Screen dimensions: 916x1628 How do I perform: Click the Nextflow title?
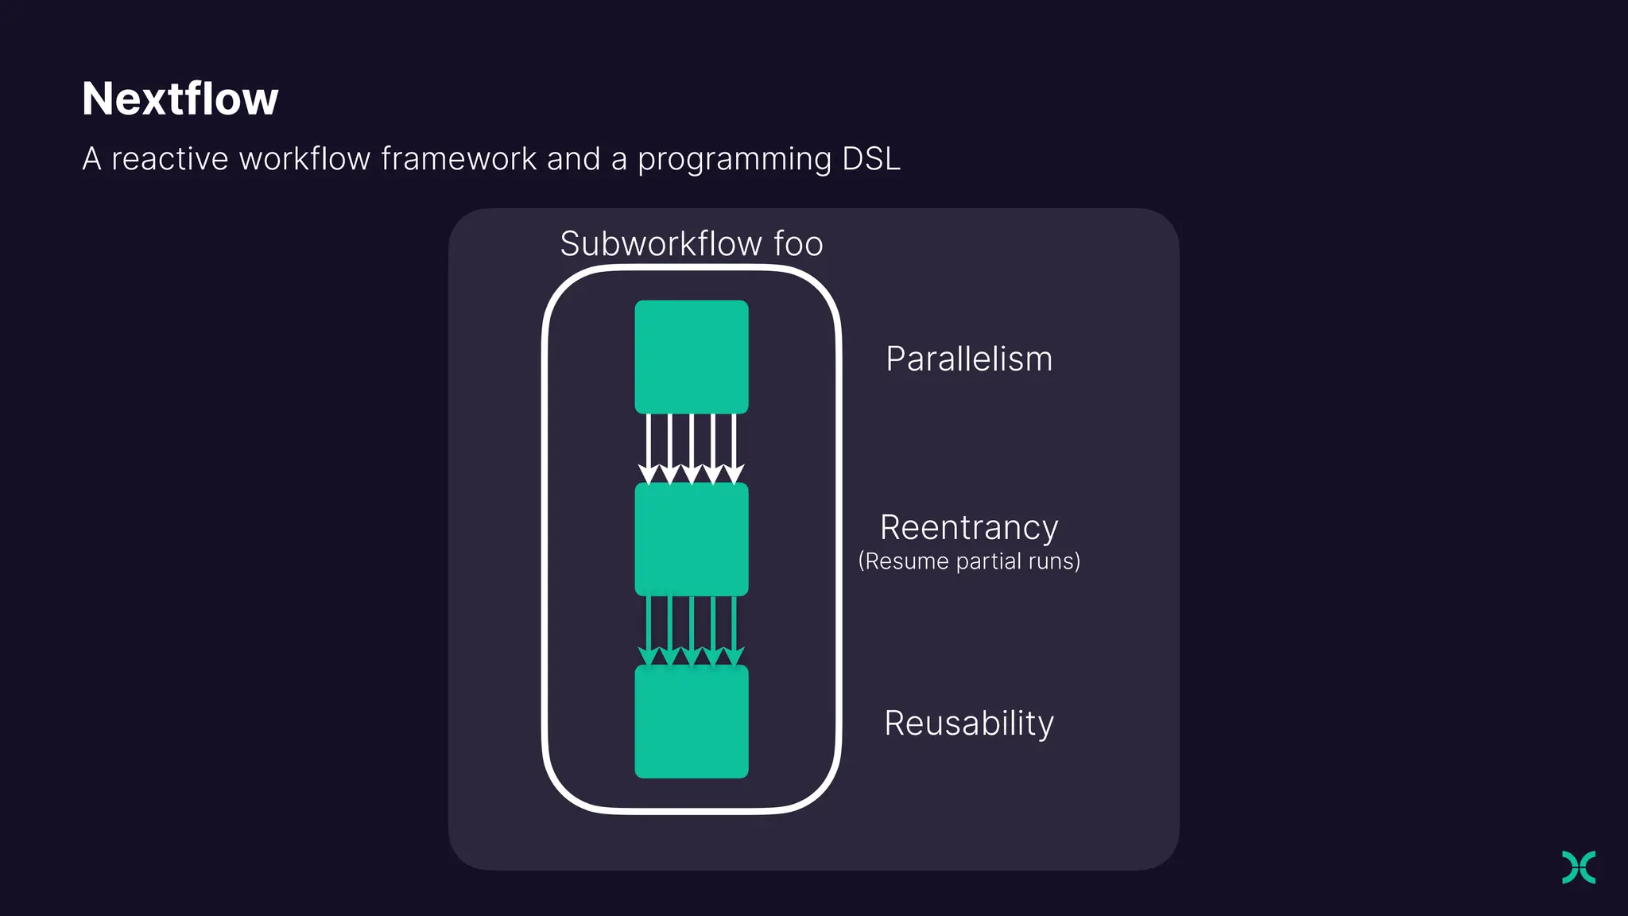pyautogui.click(x=180, y=99)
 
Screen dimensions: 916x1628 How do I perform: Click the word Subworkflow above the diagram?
pyautogui.click(x=661, y=243)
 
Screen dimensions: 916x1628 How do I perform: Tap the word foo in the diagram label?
pyautogui.click(x=798, y=243)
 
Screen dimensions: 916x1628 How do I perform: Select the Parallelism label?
pyautogui.click(x=968, y=359)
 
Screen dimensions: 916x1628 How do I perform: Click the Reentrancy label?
pyautogui.click(x=968, y=528)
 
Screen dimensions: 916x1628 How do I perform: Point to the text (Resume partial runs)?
pyautogui.click(x=968, y=561)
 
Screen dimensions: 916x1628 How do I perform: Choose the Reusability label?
pyautogui.click(x=968, y=724)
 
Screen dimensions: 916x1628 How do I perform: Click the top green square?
pyautogui.click(x=691, y=356)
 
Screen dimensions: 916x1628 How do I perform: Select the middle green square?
pyautogui.click(x=691, y=539)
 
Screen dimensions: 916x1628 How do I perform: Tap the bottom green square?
pyautogui.click(x=691, y=721)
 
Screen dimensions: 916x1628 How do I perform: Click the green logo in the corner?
pyautogui.click(x=1578, y=867)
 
